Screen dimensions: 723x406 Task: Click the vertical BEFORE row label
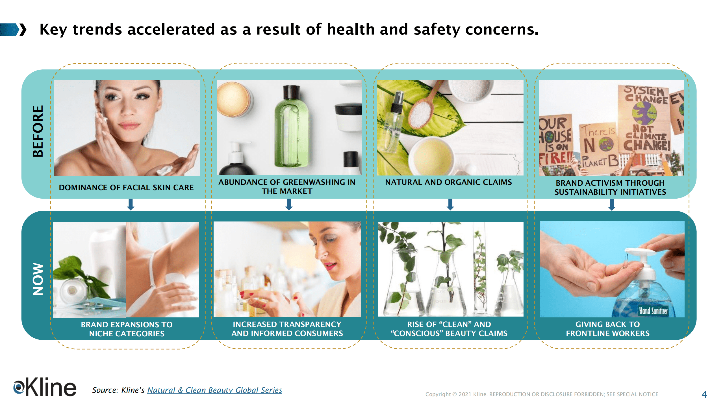pyautogui.click(x=38, y=131)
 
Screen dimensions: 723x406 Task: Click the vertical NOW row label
pyautogui.click(x=38, y=279)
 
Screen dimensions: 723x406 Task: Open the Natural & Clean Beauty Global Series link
pyautogui.click(x=214, y=390)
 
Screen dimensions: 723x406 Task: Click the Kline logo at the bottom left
pyautogui.click(x=45, y=387)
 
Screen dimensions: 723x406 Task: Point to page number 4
pyautogui.click(x=704, y=394)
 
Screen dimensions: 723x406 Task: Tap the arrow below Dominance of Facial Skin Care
pyautogui.click(x=131, y=205)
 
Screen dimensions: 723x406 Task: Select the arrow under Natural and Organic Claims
pyautogui.click(x=450, y=205)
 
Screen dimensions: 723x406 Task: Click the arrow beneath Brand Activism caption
pyautogui.click(x=612, y=205)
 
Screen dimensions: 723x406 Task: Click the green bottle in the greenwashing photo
pyautogui.click(x=292, y=127)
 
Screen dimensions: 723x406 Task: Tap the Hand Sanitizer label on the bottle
pyautogui.click(x=653, y=311)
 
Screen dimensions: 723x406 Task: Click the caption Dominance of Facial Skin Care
pyautogui.click(x=126, y=187)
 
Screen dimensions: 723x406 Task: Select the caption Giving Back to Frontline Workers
pyautogui.click(x=608, y=329)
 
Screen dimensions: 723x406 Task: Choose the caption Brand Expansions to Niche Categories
pyautogui.click(x=127, y=329)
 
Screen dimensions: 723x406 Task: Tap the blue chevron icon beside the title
pyautogui.click(x=13, y=30)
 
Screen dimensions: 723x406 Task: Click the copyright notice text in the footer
pyautogui.click(x=542, y=394)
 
